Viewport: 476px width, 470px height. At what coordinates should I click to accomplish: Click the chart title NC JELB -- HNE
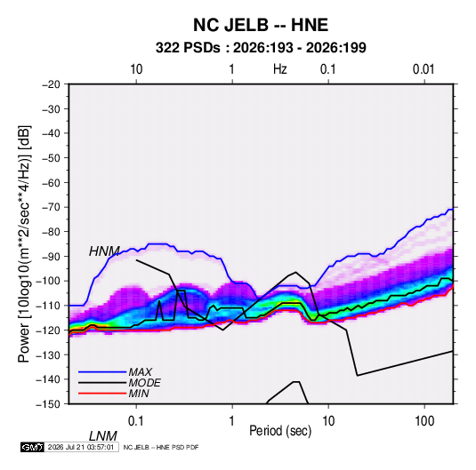tap(261, 25)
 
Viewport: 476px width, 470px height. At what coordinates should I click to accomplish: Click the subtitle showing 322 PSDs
tap(261, 48)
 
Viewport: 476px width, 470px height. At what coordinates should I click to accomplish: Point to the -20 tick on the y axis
tap(51, 84)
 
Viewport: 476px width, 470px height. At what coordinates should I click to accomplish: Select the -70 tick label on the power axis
tap(51, 207)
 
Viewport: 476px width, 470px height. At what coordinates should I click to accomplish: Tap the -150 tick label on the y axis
tap(48, 404)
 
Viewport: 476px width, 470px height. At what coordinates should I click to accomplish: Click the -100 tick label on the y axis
tap(48, 281)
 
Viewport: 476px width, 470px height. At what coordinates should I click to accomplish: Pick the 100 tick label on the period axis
tap(424, 421)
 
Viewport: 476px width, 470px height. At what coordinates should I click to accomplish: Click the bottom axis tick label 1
tap(232, 421)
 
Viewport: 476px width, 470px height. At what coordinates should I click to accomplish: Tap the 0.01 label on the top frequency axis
tap(424, 69)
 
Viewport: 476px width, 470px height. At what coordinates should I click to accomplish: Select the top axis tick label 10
tap(136, 69)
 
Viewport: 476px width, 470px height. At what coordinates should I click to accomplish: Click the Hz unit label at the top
tap(280, 69)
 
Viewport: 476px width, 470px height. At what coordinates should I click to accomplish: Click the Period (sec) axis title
tap(280, 431)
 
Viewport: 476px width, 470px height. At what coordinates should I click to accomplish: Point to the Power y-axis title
tap(24, 244)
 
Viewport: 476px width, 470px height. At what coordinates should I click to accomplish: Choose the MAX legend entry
tap(140, 371)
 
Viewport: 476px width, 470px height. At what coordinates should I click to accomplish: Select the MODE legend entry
tap(144, 383)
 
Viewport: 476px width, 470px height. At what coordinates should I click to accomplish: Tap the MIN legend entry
tap(139, 394)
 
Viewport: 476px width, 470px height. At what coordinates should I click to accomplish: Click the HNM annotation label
tap(104, 251)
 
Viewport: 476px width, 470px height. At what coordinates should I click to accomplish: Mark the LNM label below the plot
tap(103, 436)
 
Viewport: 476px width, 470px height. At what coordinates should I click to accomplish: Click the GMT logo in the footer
tap(32, 447)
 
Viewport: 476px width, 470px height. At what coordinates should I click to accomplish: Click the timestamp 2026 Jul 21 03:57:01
tap(81, 447)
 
